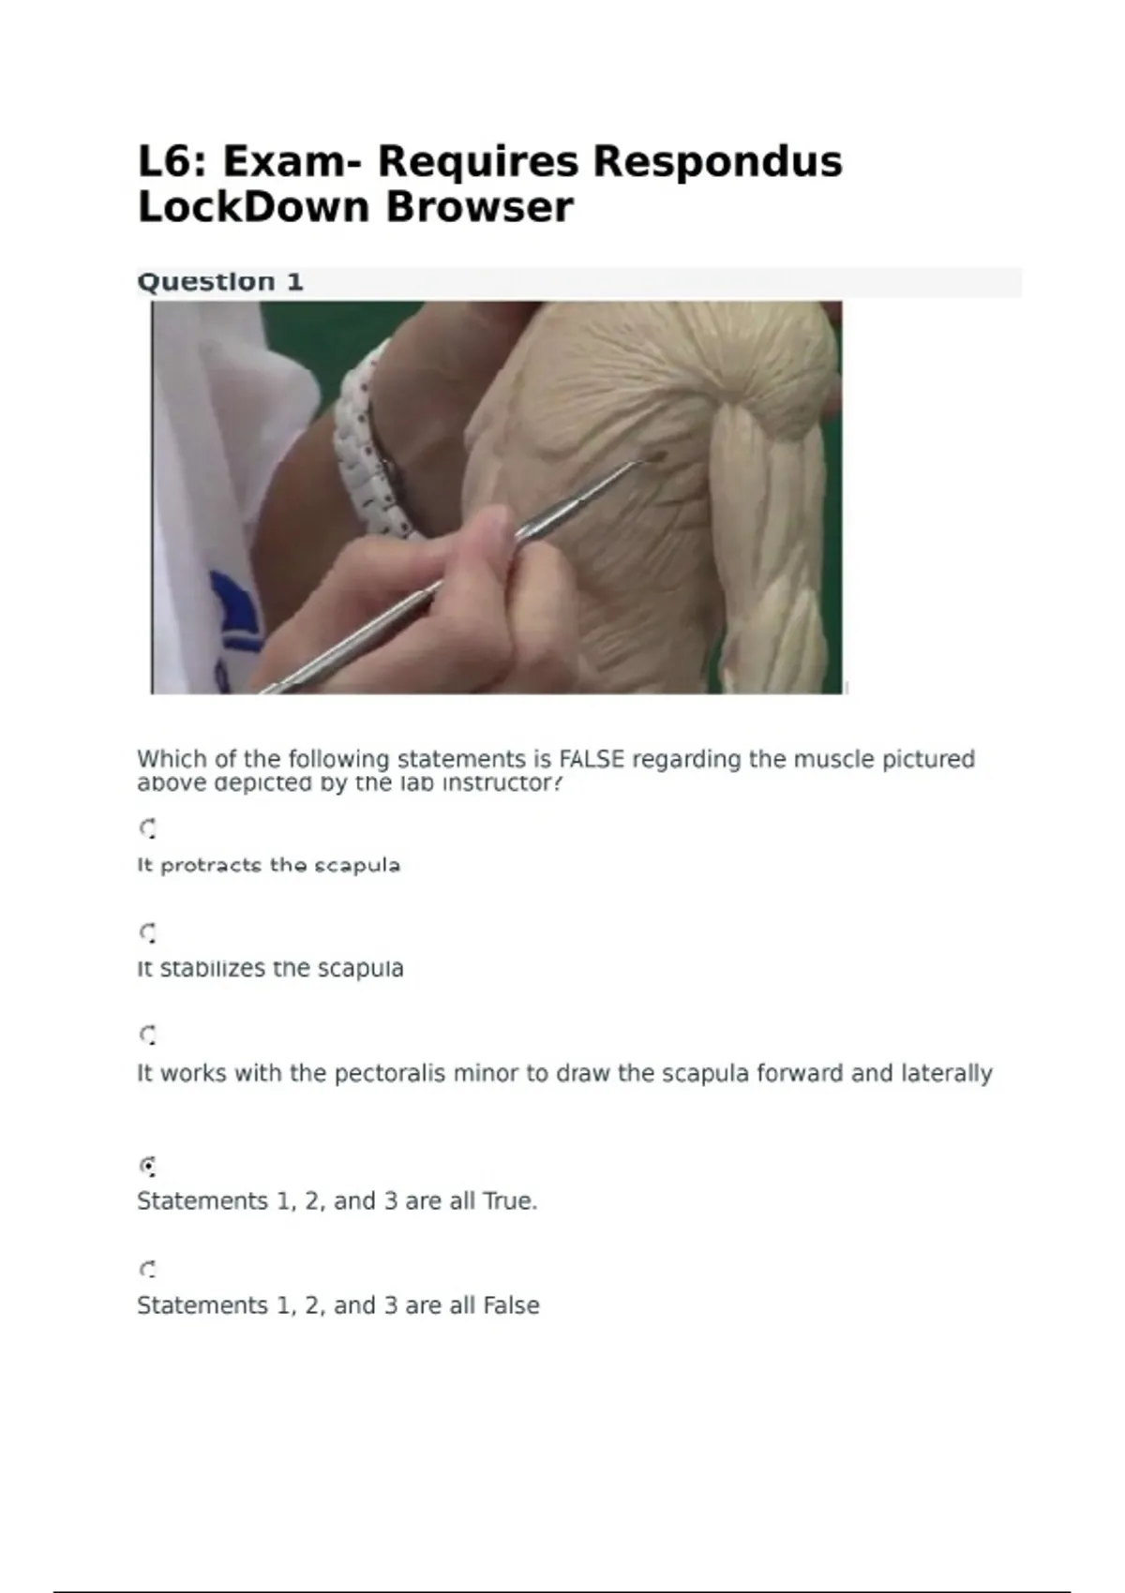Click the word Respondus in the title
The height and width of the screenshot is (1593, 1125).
717,161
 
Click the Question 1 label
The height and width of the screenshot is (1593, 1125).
220,282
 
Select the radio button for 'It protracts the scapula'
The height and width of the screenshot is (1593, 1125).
147,828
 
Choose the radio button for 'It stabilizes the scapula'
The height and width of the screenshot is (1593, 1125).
147,932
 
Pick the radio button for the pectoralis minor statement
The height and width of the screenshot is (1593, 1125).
147,1035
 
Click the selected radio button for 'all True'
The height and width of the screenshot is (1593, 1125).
147,1167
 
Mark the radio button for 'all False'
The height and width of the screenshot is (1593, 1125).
147,1270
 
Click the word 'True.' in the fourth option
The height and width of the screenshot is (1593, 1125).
510,1201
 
